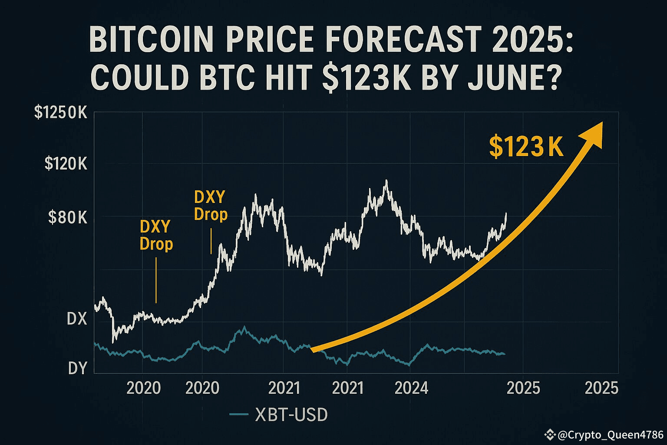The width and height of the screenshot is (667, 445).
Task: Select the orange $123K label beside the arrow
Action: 526,147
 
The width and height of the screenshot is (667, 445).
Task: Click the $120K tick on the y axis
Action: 66,164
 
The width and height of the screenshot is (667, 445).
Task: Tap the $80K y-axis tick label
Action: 68,217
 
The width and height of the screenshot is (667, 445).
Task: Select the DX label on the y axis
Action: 77,319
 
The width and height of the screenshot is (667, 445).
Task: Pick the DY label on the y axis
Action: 78,369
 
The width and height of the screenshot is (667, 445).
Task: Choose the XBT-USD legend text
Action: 291,415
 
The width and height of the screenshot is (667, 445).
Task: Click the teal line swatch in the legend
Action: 238,415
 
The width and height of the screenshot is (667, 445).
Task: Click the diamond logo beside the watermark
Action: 551,435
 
